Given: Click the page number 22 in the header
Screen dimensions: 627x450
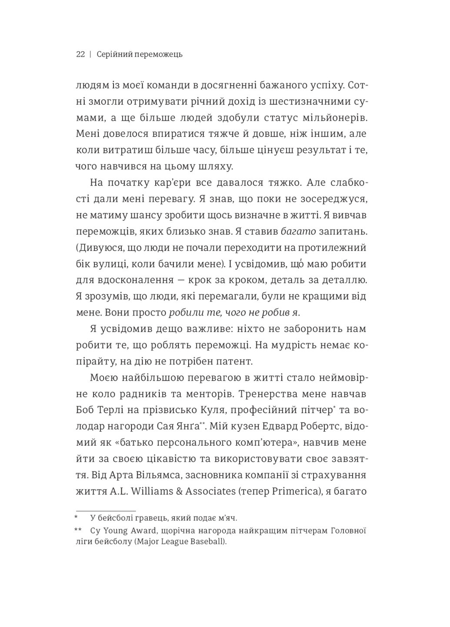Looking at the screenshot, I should [80, 54].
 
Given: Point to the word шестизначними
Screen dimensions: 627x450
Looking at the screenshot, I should [305, 101].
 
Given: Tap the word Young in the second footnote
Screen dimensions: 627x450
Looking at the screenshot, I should [114, 531].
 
